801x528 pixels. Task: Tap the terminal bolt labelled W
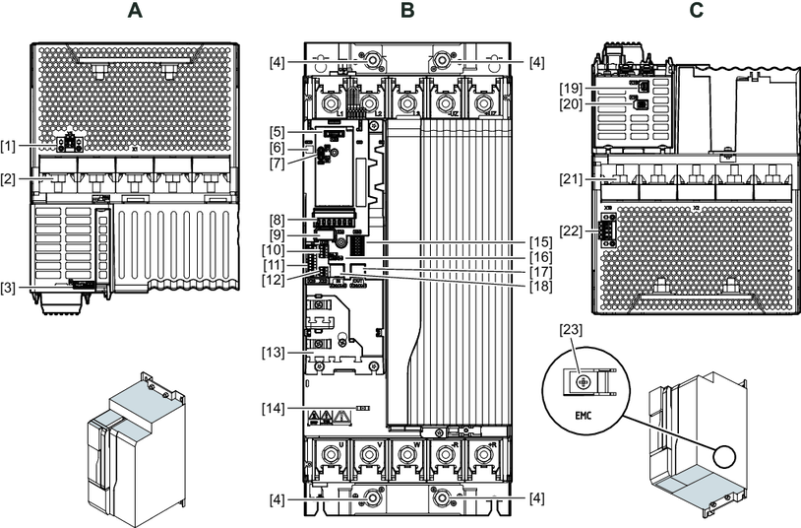[x=407, y=457]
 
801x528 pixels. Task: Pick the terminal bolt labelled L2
[x=370, y=102]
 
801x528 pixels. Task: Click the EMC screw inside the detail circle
[x=584, y=379]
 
